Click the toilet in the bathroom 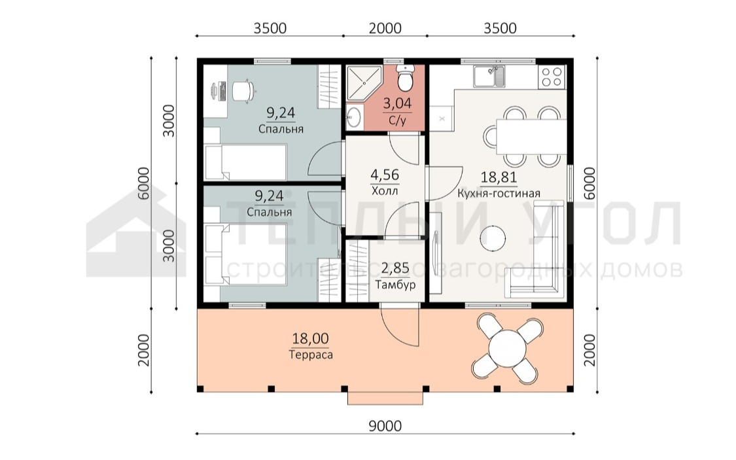(x=404, y=78)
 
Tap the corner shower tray (x=362, y=82)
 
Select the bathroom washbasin (x=353, y=115)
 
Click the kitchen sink (x=489, y=77)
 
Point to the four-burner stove (x=552, y=77)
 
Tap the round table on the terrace (x=507, y=348)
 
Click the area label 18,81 (x=499, y=177)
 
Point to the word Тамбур (x=395, y=285)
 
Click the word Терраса (x=311, y=354)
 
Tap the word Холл (x=385, y=191)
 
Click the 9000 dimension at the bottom (x=385, y=426)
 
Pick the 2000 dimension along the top (x=385, y=28)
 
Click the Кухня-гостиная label (x=499, y=194)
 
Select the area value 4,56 (x=385, y=175)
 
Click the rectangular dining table (x=531, y=137)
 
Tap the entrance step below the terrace (x=385, y=398)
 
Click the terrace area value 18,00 (x=310, y=338)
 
